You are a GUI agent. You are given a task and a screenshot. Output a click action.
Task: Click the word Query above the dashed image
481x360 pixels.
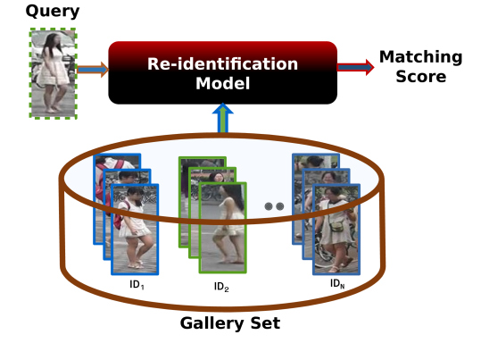click(53, 12)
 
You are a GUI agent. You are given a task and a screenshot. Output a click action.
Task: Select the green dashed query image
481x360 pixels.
click(53, 73)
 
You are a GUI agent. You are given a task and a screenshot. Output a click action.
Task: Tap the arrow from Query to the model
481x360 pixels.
click(93, 69)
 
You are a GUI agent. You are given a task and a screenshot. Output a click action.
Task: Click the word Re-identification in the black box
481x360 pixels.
click(223, 64)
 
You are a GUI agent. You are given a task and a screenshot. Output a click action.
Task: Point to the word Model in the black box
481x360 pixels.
click(223, 83)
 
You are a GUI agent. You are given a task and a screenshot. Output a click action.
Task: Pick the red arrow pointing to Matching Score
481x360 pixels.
click(355, 67)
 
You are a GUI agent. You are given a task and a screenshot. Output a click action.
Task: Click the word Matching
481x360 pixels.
click(420, 57)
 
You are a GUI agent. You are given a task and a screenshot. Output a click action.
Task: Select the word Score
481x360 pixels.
click(421, 77)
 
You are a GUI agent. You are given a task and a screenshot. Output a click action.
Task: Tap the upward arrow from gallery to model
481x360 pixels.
click(223, 118)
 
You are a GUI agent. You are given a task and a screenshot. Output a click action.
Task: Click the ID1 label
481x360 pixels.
click(137, 285)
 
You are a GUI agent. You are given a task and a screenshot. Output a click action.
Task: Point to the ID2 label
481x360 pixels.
click(221, 287)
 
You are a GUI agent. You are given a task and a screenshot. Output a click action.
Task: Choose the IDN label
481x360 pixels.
click(337, 283)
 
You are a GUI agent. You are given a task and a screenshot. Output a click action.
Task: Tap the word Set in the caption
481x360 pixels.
click(265, 322)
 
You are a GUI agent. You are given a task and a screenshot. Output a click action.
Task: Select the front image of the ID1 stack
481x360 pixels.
click(135, 230)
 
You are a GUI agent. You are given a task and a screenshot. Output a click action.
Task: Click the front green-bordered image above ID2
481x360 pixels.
click(223, 228)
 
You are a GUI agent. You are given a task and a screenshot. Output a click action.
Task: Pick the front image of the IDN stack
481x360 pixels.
click(336, 230)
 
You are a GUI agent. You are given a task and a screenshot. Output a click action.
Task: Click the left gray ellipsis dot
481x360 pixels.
click(269, 206)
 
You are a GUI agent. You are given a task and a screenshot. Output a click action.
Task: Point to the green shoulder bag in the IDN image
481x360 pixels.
click(337, 226)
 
